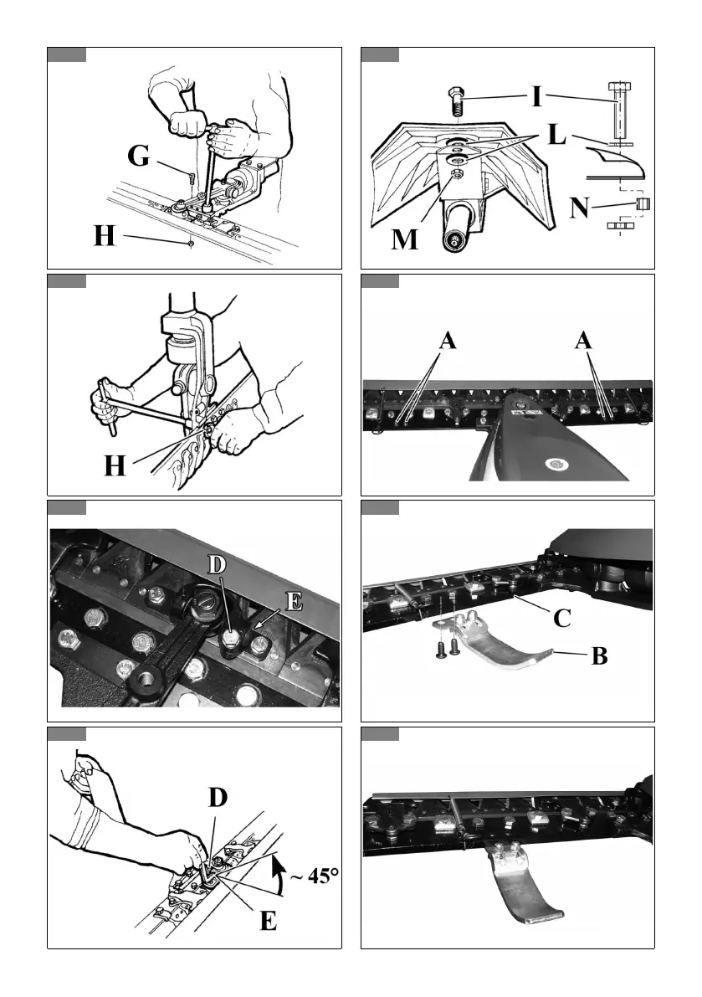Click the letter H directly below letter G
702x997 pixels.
105,237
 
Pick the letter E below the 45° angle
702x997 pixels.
268,921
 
